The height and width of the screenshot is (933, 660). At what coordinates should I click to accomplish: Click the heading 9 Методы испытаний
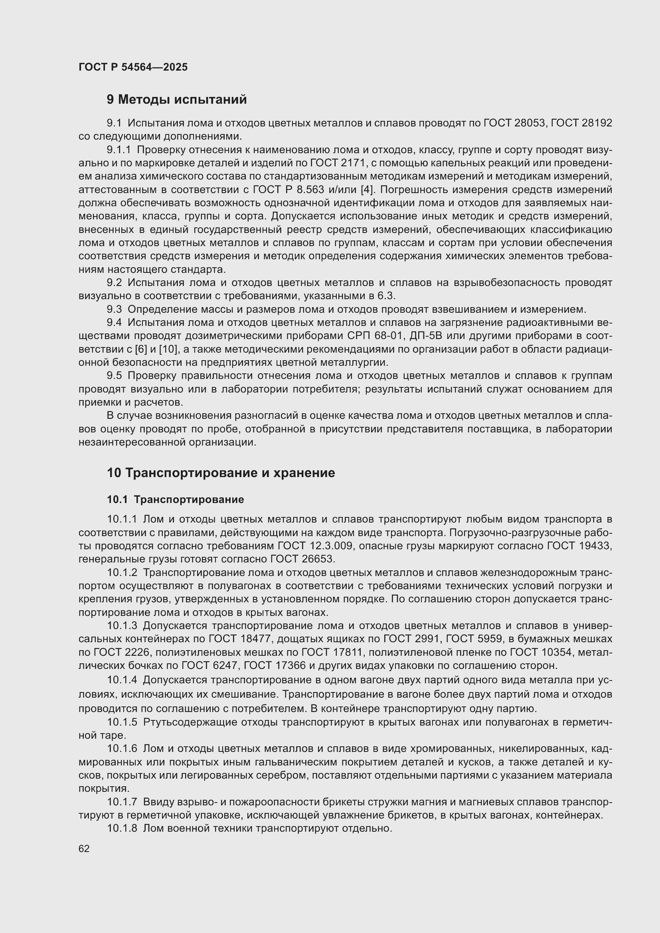pos(177,100)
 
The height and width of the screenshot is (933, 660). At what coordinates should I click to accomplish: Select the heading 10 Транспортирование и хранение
pos(221,473)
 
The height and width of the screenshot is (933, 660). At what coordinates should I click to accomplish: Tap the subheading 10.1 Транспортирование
pos(175,499)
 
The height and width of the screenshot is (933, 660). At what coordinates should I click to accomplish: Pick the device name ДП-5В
pos(425,336)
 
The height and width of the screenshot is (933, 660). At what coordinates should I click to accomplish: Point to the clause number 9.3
pos(114,310)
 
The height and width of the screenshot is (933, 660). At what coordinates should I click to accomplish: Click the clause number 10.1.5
pos(123,722)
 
